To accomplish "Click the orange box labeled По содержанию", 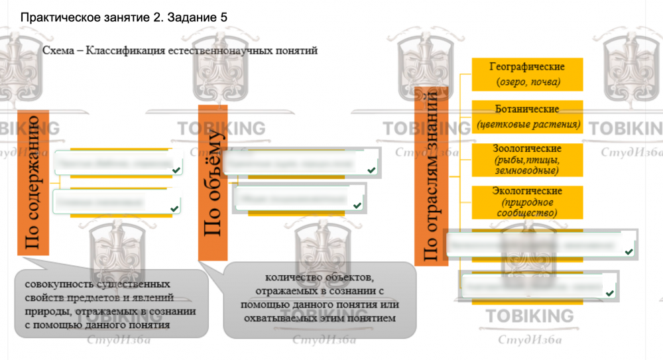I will point(33,183).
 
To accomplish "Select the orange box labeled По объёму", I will point(213,182).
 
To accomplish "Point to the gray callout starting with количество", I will point(321,299).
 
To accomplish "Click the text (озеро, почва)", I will point(528,82).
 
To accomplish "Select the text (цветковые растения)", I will point(528,124).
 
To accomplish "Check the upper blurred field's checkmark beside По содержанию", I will point(175,172).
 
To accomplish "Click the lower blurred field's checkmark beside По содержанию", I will point(174,209).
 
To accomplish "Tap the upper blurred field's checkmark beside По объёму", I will point(371,171).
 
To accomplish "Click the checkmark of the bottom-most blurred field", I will point(609,292).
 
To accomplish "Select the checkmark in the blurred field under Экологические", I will point(628,251).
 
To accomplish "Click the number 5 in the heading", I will point(223,18).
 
